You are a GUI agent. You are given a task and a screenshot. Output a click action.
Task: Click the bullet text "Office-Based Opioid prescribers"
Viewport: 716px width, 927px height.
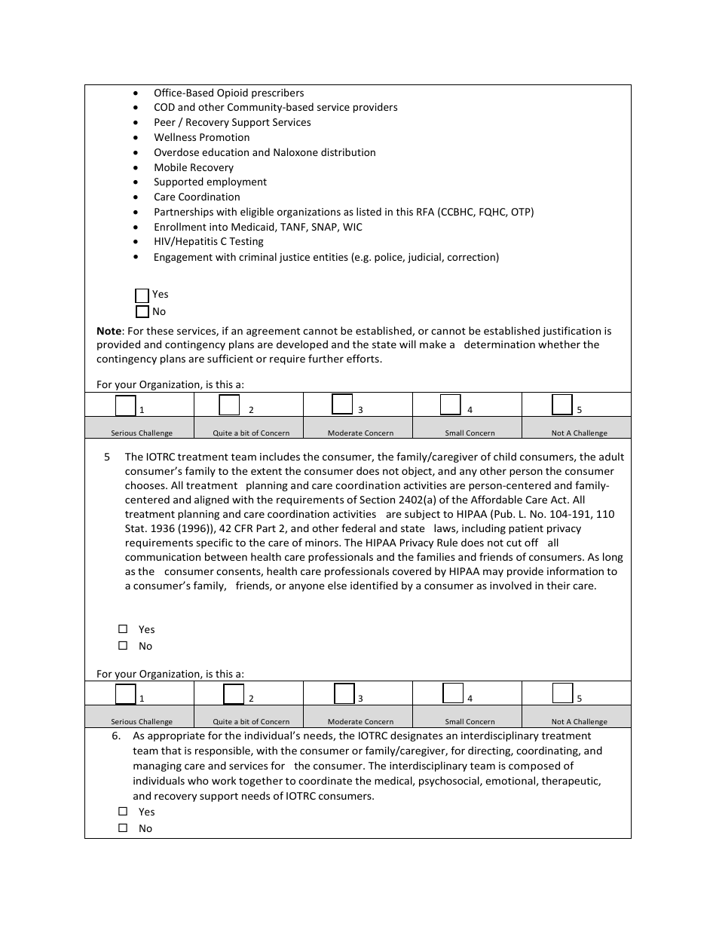228,93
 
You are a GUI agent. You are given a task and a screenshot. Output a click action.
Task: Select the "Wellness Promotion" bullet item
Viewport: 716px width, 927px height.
201,137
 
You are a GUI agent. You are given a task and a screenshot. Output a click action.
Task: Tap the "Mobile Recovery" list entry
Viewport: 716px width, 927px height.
194,167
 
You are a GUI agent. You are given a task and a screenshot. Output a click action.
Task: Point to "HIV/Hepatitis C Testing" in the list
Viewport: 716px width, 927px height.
209,242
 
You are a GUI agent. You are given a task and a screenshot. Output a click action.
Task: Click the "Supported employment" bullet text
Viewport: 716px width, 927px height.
210,182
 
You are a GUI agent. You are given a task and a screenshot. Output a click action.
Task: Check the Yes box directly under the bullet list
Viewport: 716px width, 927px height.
142,295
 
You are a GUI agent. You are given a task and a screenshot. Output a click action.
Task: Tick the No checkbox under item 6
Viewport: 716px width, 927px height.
123,828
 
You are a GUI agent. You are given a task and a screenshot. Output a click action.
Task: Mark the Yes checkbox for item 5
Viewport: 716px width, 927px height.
123,629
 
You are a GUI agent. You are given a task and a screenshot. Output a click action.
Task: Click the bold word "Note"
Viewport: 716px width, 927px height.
109,331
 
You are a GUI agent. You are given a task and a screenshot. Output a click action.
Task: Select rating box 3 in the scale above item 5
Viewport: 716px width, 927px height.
342,405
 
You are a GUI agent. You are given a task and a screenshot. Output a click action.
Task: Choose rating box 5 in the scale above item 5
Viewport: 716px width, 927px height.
561,405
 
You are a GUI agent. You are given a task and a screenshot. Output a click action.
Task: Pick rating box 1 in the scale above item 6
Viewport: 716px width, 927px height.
126,693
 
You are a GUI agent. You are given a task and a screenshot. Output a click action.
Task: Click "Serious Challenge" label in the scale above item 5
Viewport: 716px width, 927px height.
142,433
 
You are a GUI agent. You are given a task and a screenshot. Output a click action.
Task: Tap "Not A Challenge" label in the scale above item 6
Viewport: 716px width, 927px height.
579,721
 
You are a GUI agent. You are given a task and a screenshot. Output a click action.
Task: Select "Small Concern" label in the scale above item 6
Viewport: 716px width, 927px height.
470,721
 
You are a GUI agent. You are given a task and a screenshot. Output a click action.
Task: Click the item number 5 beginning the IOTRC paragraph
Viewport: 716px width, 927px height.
107,457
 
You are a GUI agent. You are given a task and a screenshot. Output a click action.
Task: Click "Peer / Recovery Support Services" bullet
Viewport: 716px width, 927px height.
232,122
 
